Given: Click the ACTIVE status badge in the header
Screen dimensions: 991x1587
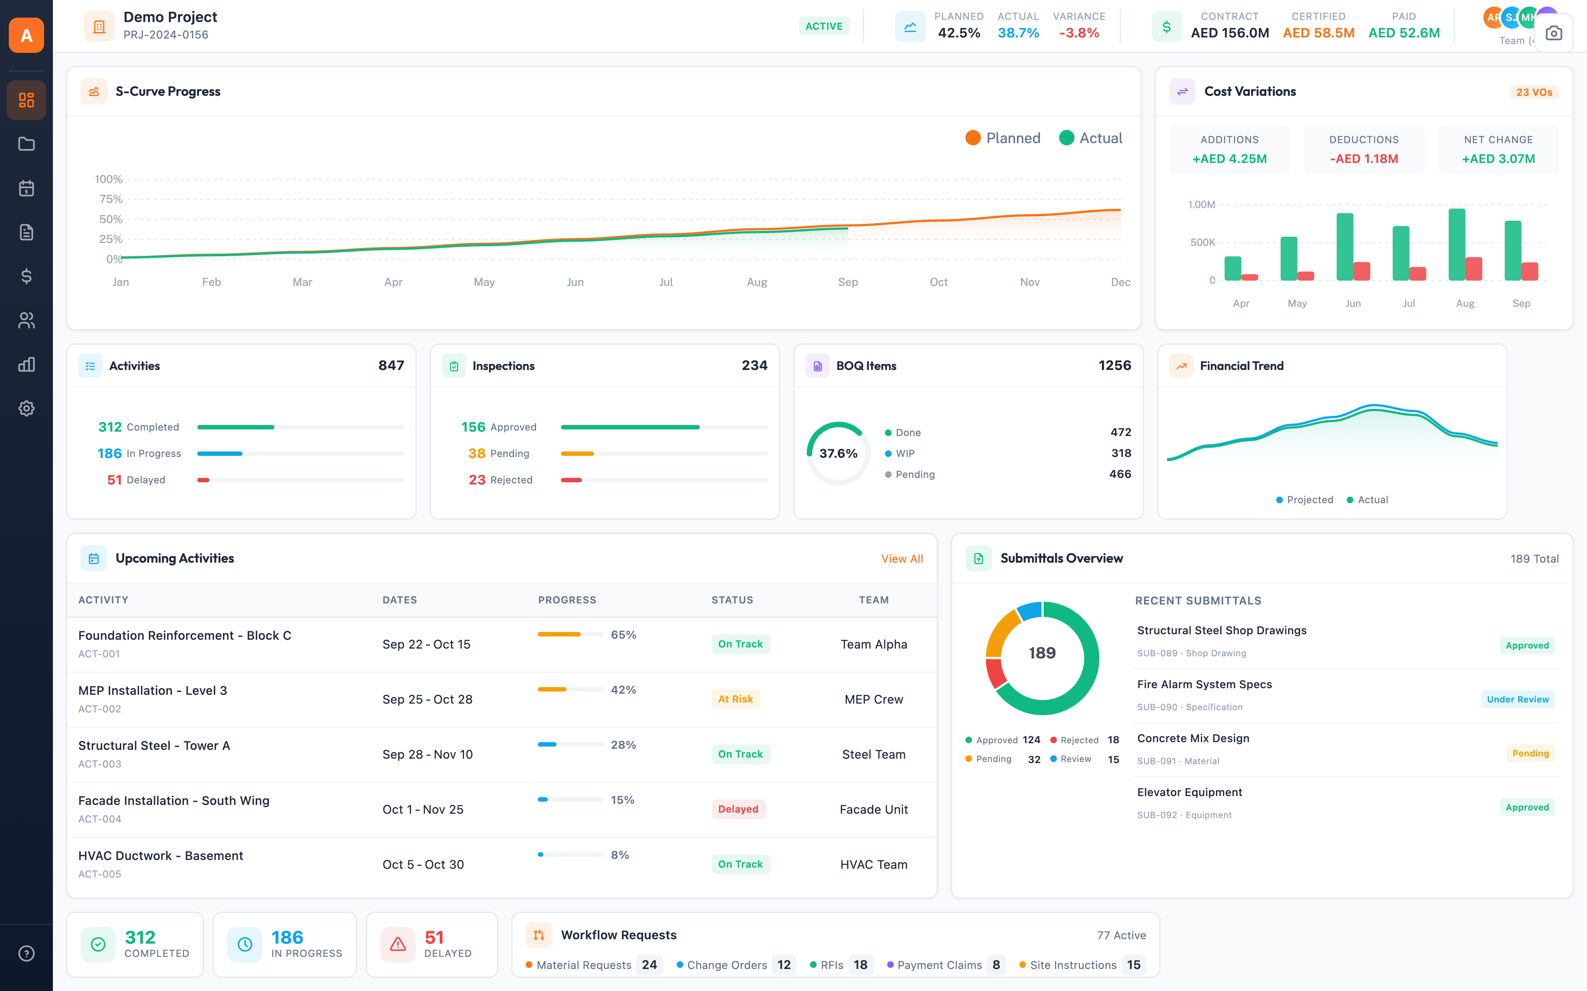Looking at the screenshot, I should click(x=824, y=26).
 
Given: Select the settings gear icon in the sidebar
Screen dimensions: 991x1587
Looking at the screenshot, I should click(x=26, y=408).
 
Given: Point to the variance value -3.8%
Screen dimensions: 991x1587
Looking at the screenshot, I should click(x=1079, y=33).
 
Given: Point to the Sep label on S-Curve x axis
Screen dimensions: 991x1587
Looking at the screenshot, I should click(x=847, y=282).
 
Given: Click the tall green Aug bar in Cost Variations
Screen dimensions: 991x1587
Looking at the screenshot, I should click(x=1457, y=244).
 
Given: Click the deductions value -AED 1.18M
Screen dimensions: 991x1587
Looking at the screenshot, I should click(x=1363, y=159).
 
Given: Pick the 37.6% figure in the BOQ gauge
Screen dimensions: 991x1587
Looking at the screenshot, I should click(x=838, y=454).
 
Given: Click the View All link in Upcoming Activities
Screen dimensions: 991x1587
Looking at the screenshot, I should click(x=902, y=558).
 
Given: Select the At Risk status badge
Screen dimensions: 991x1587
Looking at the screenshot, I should click(x=735, y=699).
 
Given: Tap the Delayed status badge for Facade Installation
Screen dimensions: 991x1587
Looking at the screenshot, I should click(x=738, y=809).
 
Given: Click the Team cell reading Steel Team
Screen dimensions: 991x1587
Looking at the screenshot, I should click(x=874, y=754).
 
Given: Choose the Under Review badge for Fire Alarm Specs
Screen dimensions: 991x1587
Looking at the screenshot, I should click(x=1517, y=699).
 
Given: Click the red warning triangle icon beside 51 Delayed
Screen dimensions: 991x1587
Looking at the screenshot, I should click(x=397, y=944).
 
